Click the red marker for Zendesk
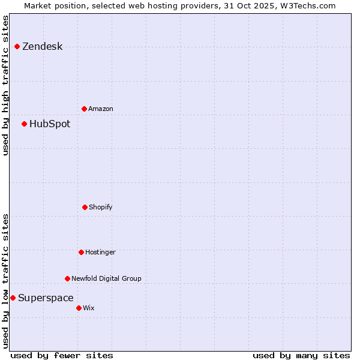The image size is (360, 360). pyautogui.click(x=17, y=46)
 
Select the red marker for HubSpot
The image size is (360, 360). pyautogui.click(x=24, y=124)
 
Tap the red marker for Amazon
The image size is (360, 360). pyautogui.click(x=84, y=109)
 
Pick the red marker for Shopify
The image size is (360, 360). pyautogui.click(x=85, y=207)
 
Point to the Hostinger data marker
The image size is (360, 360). pyautogui.click(x=81, y=252)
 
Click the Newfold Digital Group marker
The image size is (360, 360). pyautogui.click(x=67, y=278)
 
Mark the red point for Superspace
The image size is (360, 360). pyautogui.click(x=13, y=298)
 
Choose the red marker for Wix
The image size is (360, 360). pyautogui.click(x=79, y=308)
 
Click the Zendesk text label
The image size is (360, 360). pyautogui.click(x=42, y=47)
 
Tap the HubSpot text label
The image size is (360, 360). pyautogui.click(x=50, y=124)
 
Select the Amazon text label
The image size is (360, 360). pyautogui.click(x=101, y=109)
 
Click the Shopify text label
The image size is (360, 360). pyautogui.click(x=101, y=208)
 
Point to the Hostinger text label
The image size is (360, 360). pyautogui.click(x=100, y=253)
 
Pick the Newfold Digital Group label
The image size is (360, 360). pyautogui.click(x=106, y=278)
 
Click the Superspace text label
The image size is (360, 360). pyautogui.click(x=46, y=298)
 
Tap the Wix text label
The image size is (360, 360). pyautogui.click(x=89, y=308)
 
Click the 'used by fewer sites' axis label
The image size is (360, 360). pyautogui.click(x=62, y=355)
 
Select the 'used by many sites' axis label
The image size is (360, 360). pyautogui.click(x=301, y=355)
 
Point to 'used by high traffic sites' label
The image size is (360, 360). pyautogui.click(x=5, y=85)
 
